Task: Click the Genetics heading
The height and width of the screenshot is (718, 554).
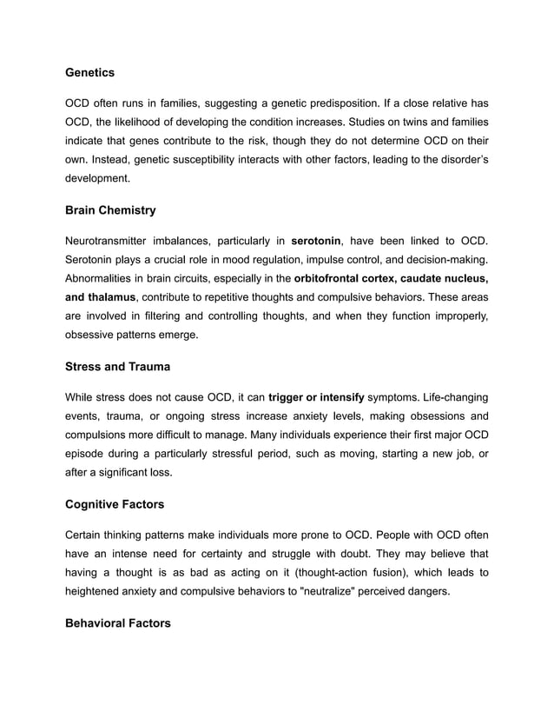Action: point(89,72)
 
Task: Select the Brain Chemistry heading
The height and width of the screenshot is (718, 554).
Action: point(110,209)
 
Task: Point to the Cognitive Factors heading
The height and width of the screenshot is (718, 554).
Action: point(115,504)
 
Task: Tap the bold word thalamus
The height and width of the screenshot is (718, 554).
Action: point(111,297)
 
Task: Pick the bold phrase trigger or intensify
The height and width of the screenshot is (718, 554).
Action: point(316,396)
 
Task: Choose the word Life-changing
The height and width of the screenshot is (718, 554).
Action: point(445,396)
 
